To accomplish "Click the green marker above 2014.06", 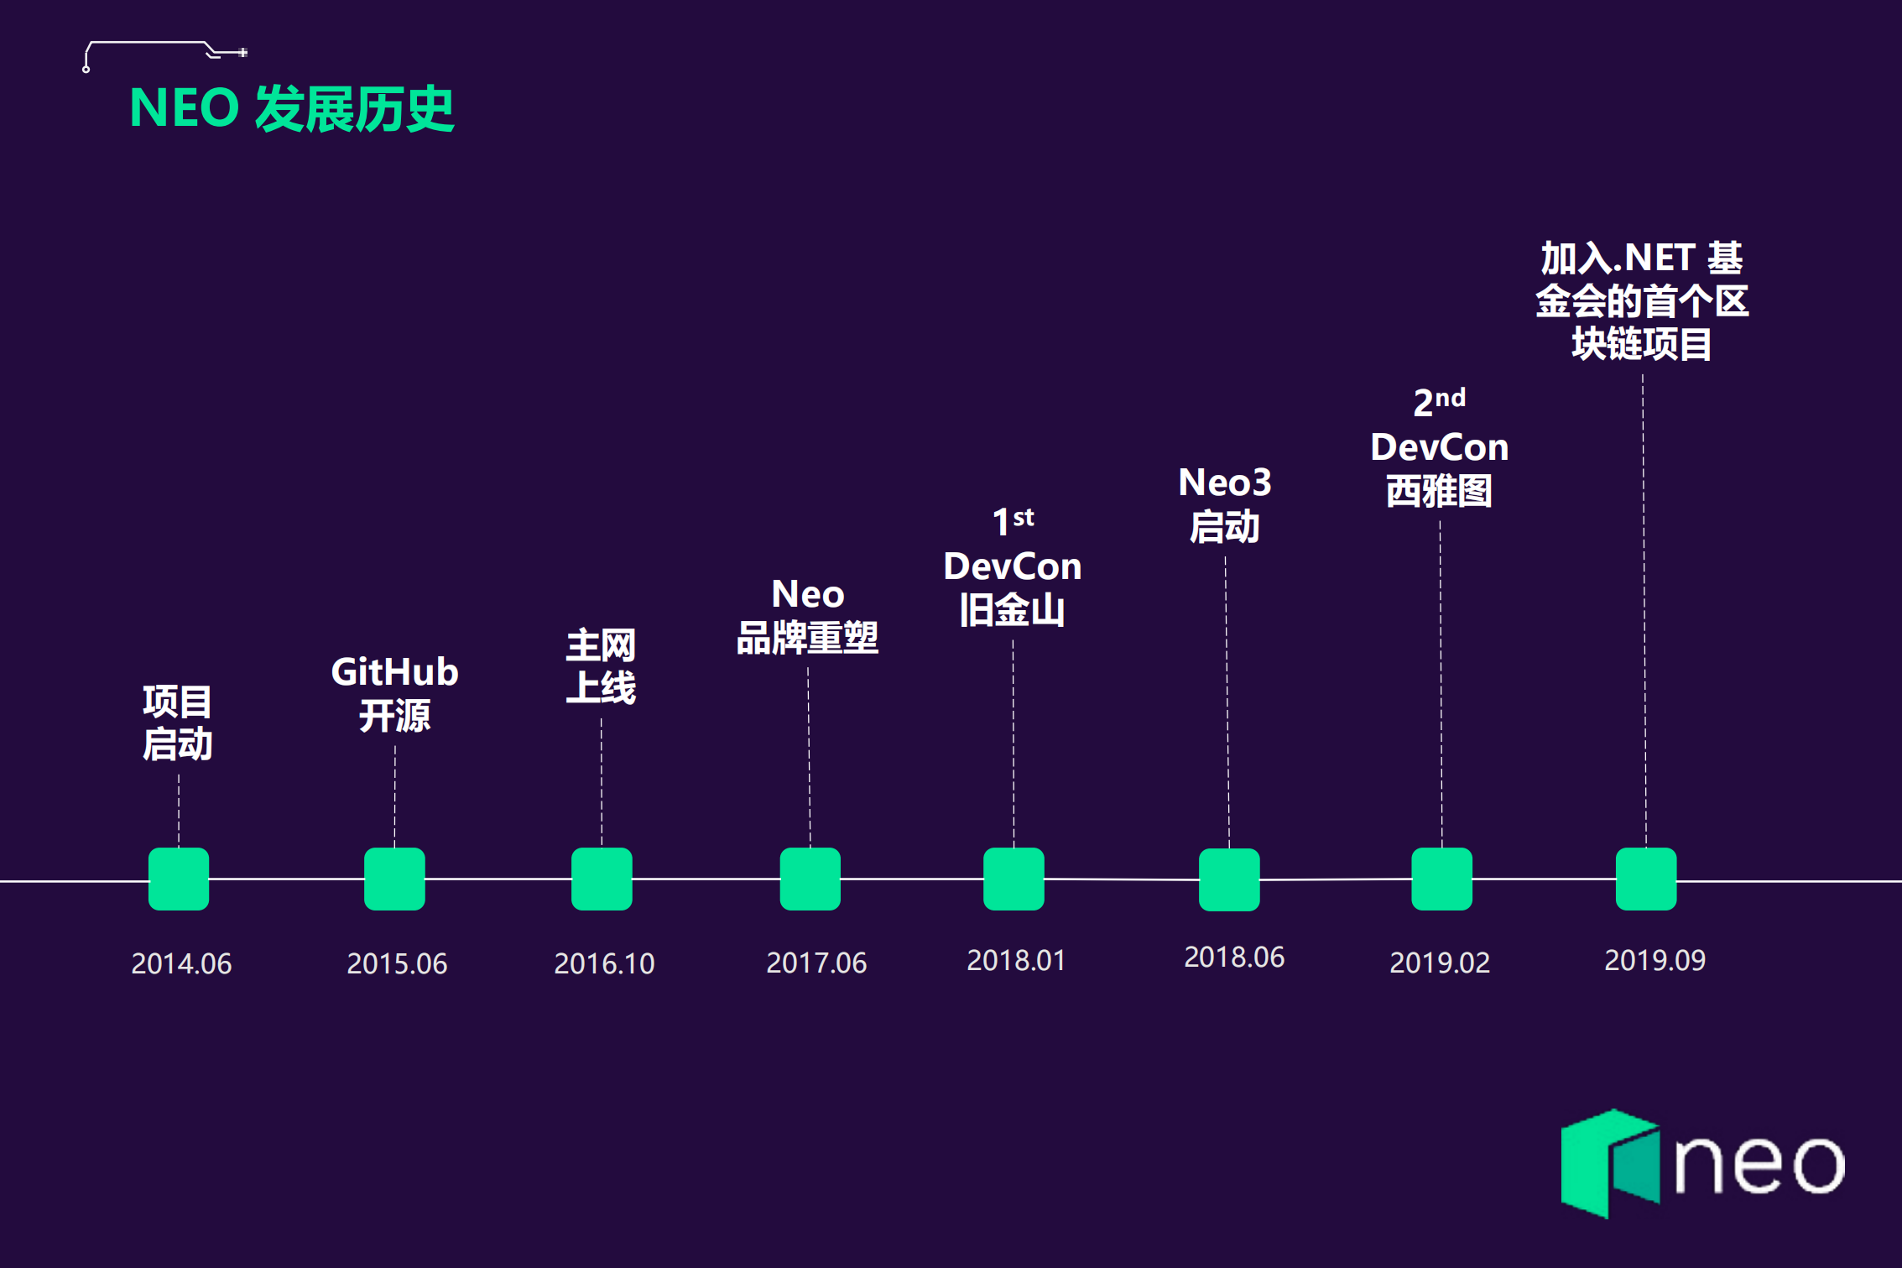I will point(179,879).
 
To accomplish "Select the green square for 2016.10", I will point(602,879).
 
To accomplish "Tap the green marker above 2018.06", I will point(1229,879).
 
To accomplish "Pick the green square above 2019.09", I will point(1646,879).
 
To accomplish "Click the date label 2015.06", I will point(397,963).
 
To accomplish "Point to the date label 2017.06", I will point(816,963).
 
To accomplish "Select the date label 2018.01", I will point(1016,960).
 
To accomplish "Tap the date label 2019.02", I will point(1440,963).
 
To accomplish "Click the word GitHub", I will point(394,672).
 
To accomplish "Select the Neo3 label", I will point(1225,483).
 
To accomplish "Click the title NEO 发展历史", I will point(292,109).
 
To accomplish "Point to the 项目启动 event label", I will point(177,723).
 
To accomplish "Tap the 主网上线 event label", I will point(601,666).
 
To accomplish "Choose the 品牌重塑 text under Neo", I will point(807,639).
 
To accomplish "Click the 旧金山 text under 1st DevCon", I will point(1013,610).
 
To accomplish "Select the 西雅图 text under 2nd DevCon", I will point(1439,491).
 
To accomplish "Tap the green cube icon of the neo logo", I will point(1609,1163).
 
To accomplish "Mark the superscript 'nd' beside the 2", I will point(1451,397).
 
